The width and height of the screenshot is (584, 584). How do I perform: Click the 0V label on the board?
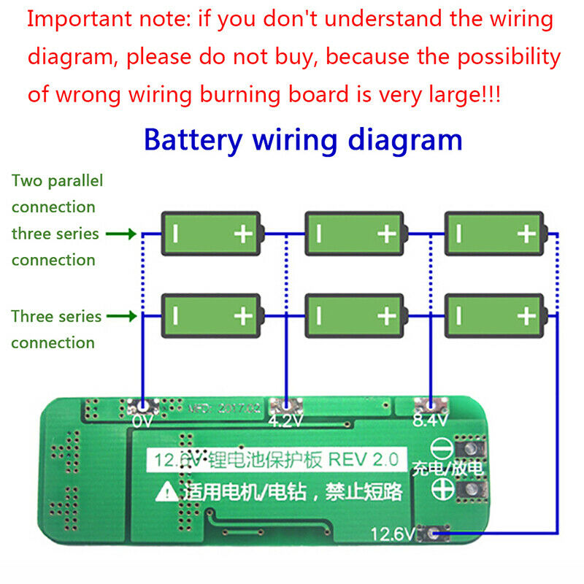[x=142, y=421]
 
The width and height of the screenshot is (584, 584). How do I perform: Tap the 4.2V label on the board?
[x=285, y=422]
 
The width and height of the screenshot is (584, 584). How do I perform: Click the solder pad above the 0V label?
[x=143, y=406]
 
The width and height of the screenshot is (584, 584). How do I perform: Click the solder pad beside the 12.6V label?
[x=439, y=535]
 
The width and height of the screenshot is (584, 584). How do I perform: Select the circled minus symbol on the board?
[x=439, y=447]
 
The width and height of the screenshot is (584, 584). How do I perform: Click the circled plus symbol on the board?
[x=439, y=488]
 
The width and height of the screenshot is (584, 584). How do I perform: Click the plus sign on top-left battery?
[x=242, y=234]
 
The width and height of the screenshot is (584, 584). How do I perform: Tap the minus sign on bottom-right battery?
[x=458, y=315]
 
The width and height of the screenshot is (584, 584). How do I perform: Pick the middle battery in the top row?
[x=355, y=234]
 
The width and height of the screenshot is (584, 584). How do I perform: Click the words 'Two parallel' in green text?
[x=57, y=180]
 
